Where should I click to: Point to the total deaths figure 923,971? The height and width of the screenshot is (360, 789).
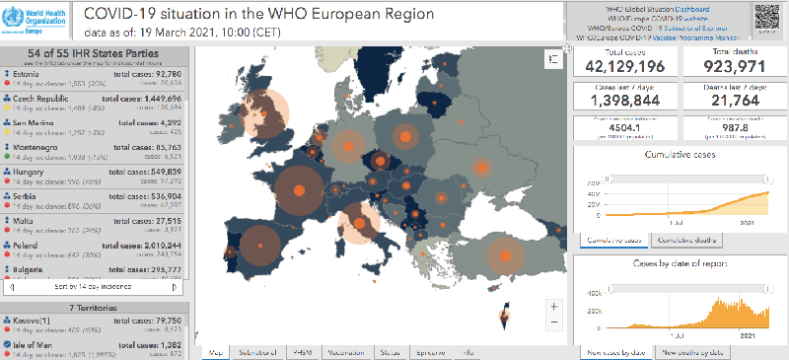click(x=733, y=66)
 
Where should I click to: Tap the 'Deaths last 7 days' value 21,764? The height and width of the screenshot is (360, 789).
click(x=733, y=103)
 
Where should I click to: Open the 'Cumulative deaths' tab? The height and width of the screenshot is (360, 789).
click(x=687, y=240)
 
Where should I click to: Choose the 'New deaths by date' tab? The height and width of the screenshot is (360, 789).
click(x=693, y=351)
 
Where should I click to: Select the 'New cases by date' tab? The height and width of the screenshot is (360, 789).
click(x=615, y=351)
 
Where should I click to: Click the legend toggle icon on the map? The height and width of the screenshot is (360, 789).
click(x=547, y=60)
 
